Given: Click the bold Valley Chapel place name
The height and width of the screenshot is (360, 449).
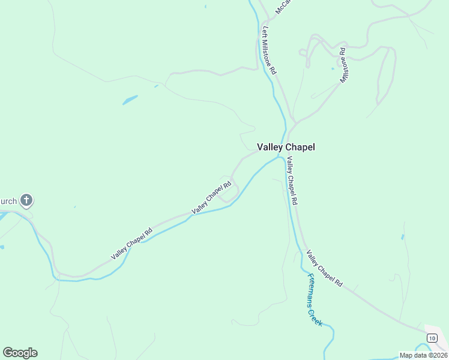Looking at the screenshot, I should coord(286,147).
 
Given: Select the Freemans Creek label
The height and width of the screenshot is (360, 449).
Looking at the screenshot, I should coord(315,300).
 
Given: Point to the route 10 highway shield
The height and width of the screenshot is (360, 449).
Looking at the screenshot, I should coord(432,338).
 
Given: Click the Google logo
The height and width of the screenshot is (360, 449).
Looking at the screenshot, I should coord(20,353).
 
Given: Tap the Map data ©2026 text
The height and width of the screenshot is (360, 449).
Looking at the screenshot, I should coord(424,355).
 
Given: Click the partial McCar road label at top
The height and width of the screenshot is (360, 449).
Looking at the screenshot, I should coord(282,7).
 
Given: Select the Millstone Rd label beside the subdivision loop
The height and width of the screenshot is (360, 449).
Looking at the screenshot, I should coord(344,65).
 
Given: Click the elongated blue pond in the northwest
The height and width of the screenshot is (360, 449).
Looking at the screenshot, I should coord(130,100).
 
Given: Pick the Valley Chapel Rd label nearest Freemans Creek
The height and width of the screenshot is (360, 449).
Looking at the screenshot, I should coord(324,268).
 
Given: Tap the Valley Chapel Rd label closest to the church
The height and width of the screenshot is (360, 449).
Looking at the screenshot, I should coord(132,244).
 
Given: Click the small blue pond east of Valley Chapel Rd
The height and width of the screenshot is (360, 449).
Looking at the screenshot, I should coord(402,237).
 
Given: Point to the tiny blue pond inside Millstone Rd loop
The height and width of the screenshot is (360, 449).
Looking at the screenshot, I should coord(333,68).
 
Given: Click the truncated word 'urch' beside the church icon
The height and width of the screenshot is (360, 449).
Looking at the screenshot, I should coord(9,200).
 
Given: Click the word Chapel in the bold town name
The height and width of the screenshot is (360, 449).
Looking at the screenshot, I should coord(300,147).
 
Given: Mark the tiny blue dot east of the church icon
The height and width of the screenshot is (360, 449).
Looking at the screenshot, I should coord(75,207).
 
